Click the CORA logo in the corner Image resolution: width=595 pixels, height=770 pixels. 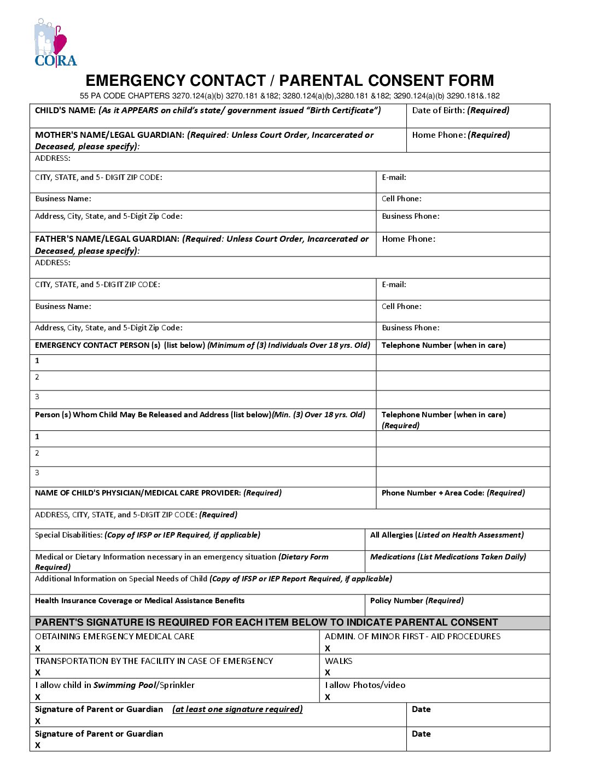pos(55,44)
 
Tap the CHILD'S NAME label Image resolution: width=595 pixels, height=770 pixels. pos(66,110)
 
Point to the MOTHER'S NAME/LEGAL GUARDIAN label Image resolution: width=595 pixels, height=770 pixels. pos(109,135)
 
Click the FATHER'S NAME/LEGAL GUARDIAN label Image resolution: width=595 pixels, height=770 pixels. pos(107,239)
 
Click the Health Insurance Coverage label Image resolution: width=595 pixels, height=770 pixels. pos(139,600)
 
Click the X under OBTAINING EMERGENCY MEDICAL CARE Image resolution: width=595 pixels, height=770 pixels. pos(38,649)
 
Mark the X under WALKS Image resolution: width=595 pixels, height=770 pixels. pos(328,673)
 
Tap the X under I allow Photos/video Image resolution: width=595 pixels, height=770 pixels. pos(328,697)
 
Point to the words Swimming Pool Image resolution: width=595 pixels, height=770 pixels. pos(125,685)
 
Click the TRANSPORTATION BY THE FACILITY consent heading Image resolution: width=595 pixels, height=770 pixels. pos(154,661)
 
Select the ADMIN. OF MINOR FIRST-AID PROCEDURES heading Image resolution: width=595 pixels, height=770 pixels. pos(412,637)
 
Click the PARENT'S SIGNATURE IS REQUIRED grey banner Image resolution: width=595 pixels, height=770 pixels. pos(266,622)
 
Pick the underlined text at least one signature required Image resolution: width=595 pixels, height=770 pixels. pos(237,709)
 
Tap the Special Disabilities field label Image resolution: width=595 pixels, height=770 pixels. pos(69,535)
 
